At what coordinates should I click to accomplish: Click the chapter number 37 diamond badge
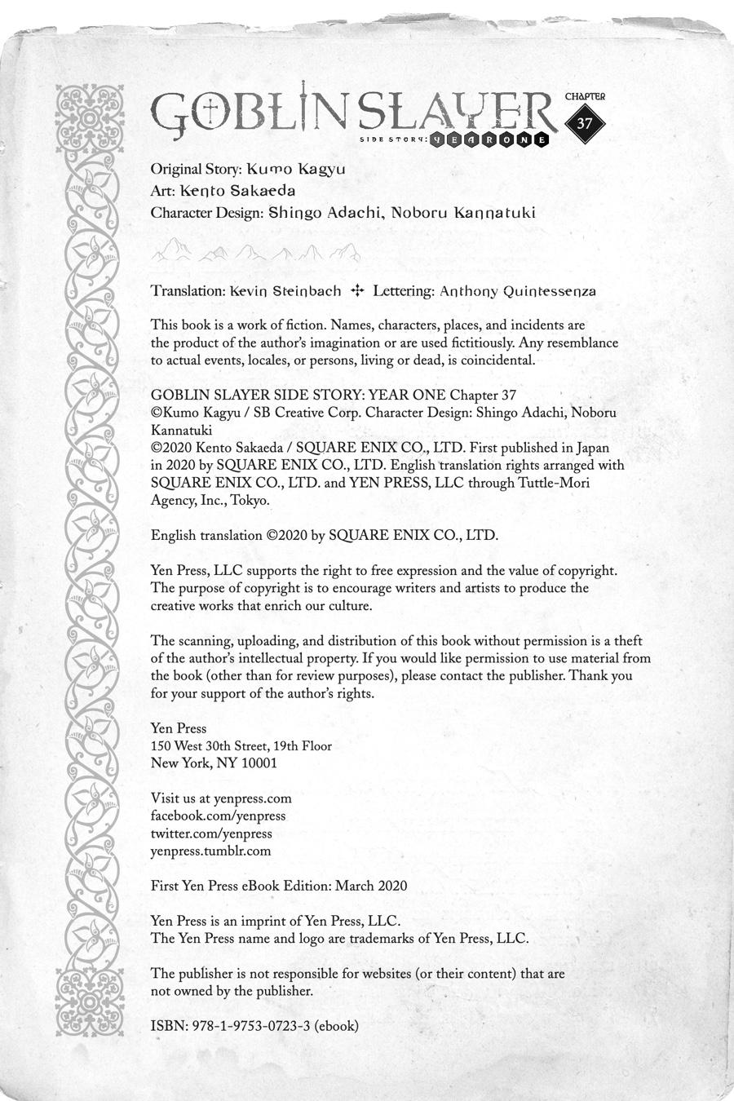(x=584, y=124)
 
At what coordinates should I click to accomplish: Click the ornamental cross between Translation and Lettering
(x=356, y=290)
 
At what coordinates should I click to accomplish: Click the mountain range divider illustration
(x=254, y=250)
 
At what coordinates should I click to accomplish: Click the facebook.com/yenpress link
(x=218, y=816)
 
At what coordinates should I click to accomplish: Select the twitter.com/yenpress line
(x=211, y=833)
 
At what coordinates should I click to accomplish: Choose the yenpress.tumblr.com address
(x=210, y=851)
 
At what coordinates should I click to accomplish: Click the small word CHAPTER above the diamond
(x=585, y=96)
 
